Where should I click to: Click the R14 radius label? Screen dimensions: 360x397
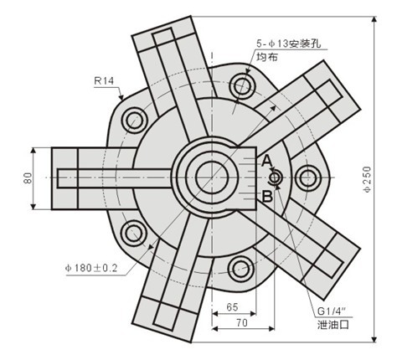pyautogui.click(x=106, y=81)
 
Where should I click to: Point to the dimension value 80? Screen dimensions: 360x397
pyautogui.click(x=27, y=177)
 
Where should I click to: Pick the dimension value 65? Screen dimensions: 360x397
pyautogui.click(x=234, y=307)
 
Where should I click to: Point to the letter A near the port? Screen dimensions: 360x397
pyautogui.click(x=266, y=160)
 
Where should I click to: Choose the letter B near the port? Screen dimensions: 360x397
pyautogui.click(x=266, y=196)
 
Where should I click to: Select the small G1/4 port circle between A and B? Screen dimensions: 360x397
pyautogui.click(x=276, y=177)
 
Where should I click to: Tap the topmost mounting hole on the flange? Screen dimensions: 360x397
pyautogui.click(x=244, y=85)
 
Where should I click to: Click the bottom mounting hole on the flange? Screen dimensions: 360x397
pyautogui.click(x=241, y=270)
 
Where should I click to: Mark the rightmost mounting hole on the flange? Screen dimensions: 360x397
pyautogui.click(x=308, y=177)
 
